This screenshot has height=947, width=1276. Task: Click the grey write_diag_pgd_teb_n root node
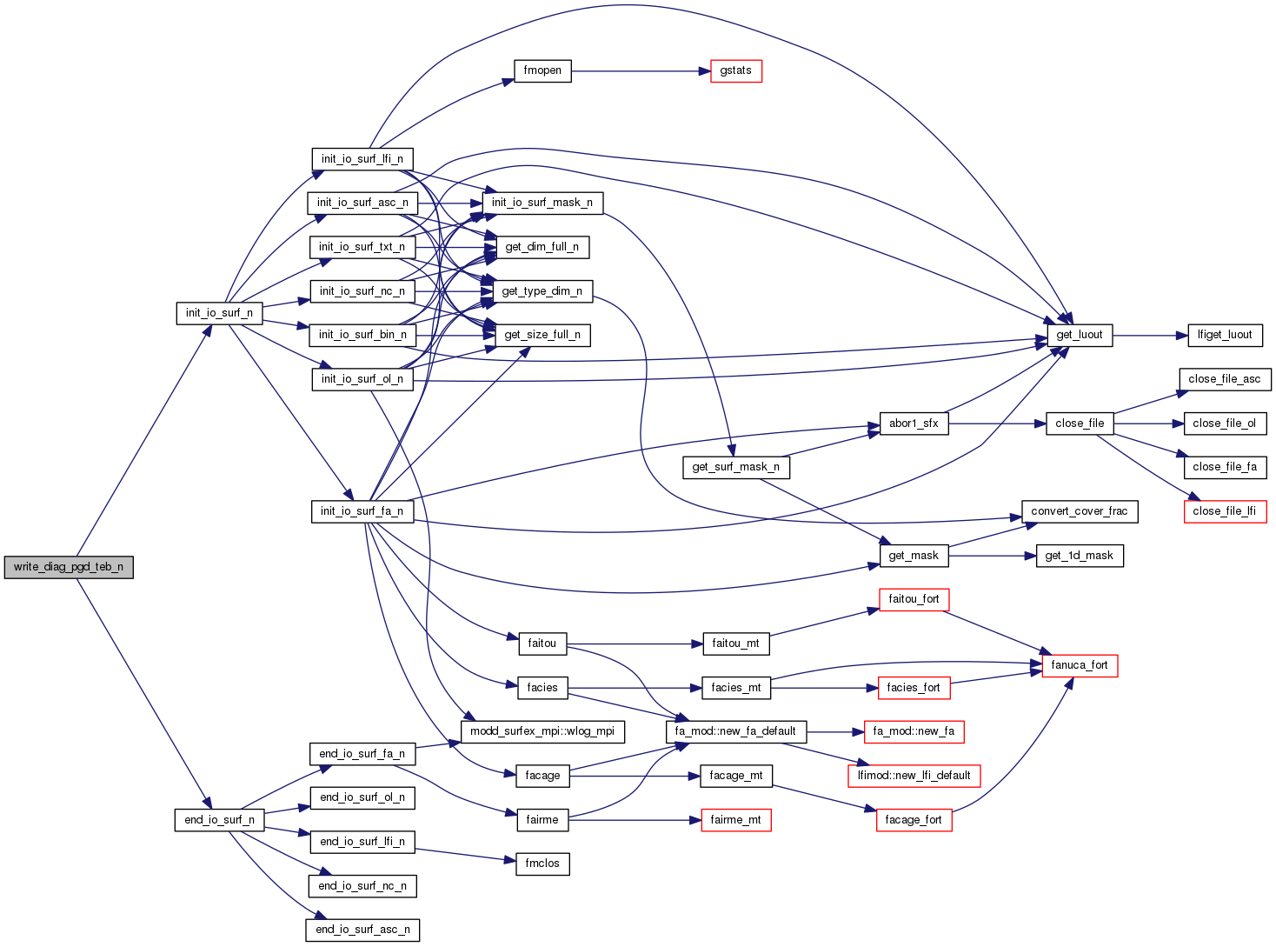point(69,567)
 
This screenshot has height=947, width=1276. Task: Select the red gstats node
point(735,70)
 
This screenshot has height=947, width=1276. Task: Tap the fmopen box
point(542,70)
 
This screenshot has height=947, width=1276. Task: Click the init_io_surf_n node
point(219,313)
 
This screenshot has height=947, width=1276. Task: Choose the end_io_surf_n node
point(219,820)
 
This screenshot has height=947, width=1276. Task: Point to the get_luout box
point(1079,335)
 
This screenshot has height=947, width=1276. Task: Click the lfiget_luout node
point(1224,335)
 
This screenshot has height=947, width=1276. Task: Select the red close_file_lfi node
point(1224,511)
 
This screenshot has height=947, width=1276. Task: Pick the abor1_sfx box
point(913,423)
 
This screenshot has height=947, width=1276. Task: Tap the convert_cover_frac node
point(1079,511)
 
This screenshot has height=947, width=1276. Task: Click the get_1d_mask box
point(1079,556)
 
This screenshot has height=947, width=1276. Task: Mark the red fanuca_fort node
point(1079,665)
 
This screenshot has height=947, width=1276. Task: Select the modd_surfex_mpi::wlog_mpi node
point(542,731)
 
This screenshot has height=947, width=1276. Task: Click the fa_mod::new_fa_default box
point(735,731)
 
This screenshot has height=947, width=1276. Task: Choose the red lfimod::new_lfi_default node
point(914,776)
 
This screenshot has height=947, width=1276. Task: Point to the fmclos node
point(542,864)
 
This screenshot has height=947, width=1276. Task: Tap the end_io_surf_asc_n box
point(362,930)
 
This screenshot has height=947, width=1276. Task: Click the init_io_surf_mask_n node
point(542,203)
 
